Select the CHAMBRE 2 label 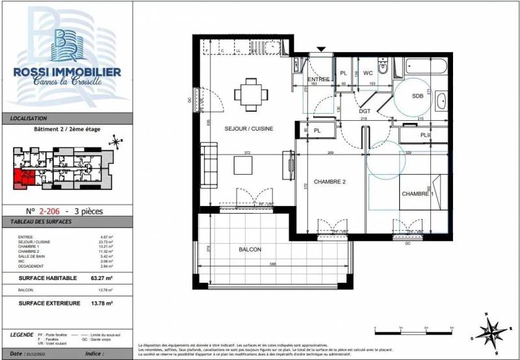330,182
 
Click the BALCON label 250,250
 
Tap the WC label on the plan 368,73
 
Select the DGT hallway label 365,112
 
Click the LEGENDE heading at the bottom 23,334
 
